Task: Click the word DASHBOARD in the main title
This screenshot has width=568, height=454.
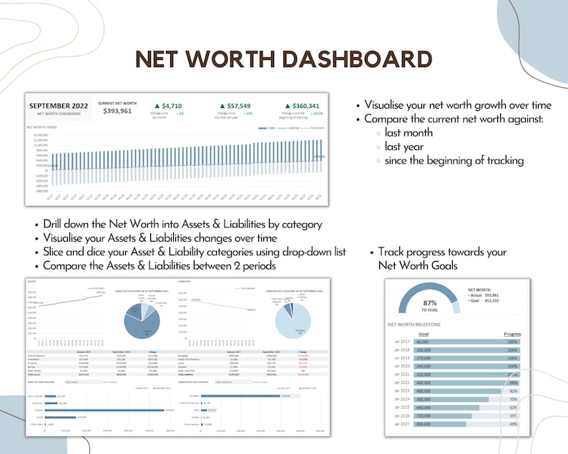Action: pos(351,59)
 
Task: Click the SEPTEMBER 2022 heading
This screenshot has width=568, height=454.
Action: pos(59,106)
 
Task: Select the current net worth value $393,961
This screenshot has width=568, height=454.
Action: pos(117,112)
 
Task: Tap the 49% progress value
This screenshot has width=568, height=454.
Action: pos(512,424)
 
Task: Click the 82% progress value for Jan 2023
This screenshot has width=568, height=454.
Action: pos(512,391)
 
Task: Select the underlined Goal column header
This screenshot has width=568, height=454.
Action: pos(423,333)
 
